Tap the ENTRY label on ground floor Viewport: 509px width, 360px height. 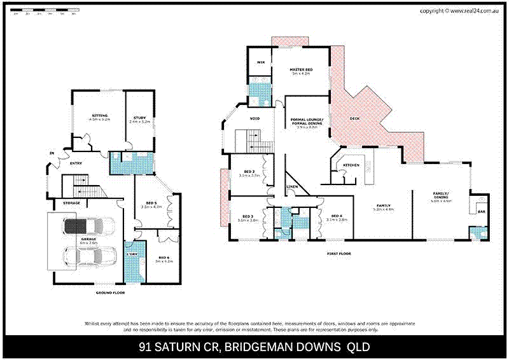point(76,163)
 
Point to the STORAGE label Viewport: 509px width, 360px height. point(71,203)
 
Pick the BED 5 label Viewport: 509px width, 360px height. point(151,203)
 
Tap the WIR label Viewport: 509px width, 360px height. point(260,62)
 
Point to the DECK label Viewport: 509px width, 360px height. point(356,119)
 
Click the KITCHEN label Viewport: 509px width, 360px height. point(352,165)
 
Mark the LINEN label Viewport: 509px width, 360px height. point(292,186)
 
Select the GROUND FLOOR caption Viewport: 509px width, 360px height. point(109,293)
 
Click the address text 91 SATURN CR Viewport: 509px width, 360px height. point(181,347)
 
